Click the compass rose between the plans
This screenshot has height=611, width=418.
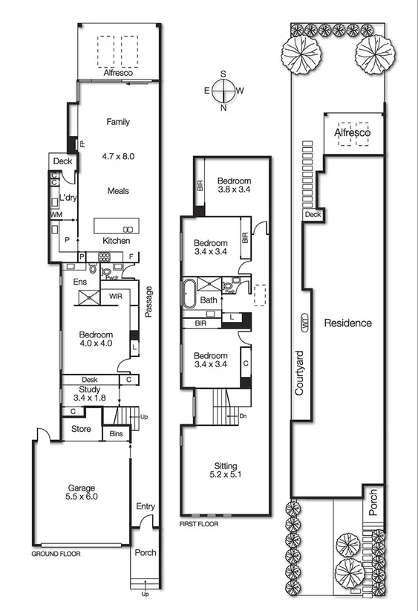[223, 91]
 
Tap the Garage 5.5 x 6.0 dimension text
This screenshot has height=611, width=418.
[82, 497]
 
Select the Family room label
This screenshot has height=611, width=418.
[118, 121]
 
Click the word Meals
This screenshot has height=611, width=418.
[117, 191]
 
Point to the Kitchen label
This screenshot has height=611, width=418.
[117, 241]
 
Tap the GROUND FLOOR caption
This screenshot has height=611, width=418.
[56, 554]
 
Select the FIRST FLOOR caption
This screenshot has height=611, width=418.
[200, 524]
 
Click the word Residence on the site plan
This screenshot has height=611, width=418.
[347, 323]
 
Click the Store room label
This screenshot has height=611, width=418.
[81, 429]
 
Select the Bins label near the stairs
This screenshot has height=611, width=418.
[116, 433]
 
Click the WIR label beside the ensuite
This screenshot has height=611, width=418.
[115, 296]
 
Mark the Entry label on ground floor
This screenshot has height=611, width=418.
[146, 507]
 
